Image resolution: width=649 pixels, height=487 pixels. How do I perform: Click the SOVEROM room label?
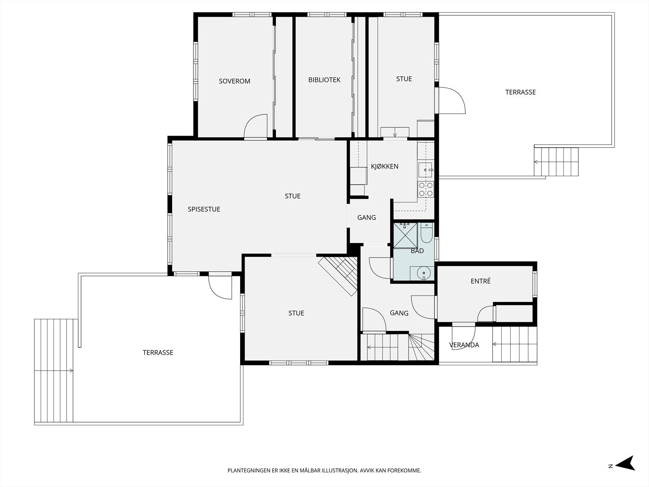[x=234, y=81]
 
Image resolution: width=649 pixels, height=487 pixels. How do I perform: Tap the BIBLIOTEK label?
[x=324, y=80]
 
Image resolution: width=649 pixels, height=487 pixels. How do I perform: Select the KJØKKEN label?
[x=385, y=166]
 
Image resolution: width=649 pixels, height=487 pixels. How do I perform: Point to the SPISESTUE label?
[x=204, y=209]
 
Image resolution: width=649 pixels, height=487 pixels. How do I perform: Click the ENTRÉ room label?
[x=481, y=281]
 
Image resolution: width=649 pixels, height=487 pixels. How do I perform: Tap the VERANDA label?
[x=464, y=345]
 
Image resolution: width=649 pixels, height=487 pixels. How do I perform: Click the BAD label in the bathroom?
[x=417, y=251]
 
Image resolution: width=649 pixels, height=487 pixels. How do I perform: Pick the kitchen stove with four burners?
[x=426, y=189]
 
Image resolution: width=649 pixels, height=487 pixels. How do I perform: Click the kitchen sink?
[x=426, y=170]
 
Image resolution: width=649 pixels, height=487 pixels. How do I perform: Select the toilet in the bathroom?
[x=426, y=233]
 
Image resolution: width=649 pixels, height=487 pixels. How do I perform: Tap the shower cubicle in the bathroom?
[x=405, y=236]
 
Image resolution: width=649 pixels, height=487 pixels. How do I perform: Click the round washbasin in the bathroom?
[x=424, y=273]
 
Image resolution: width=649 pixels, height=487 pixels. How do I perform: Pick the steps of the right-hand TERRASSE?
[x=556, y=162]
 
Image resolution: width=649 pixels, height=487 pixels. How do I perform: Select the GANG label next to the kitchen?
[x=367, y=218]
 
